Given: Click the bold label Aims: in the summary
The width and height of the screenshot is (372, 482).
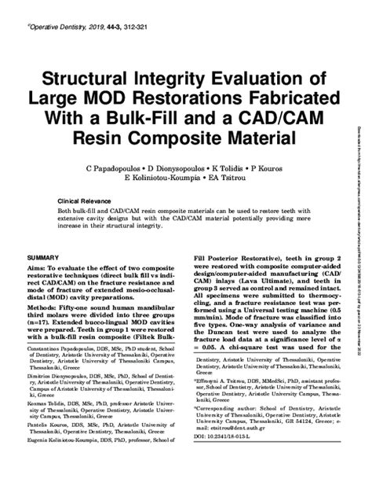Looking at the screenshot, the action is tap(37, 270).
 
